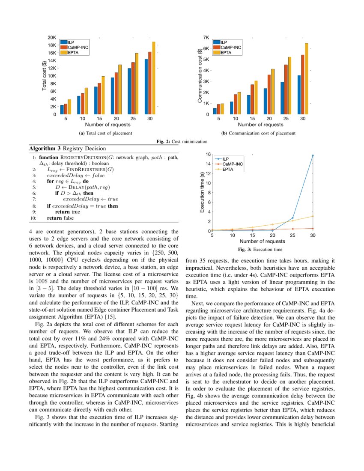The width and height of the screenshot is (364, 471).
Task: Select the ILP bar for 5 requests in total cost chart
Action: (62, 110)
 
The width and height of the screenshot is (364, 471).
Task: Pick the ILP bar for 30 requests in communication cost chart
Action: (299, 95)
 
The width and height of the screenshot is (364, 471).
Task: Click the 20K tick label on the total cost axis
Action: (51, 38)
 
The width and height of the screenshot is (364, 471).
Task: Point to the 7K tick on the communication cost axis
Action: (206, 38)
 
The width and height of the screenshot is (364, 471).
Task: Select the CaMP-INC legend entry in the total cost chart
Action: (77, 48)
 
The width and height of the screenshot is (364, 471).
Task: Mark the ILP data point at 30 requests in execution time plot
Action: (313, 155)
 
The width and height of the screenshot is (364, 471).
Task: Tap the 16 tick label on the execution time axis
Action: (208, 154)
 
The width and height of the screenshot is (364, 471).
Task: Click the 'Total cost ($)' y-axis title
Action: (44, 76)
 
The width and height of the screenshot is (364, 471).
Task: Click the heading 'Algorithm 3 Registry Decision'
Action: (67, 148)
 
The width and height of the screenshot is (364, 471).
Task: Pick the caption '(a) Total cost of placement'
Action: (105, 133)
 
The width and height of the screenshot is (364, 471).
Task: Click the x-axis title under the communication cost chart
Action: (260, 125)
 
